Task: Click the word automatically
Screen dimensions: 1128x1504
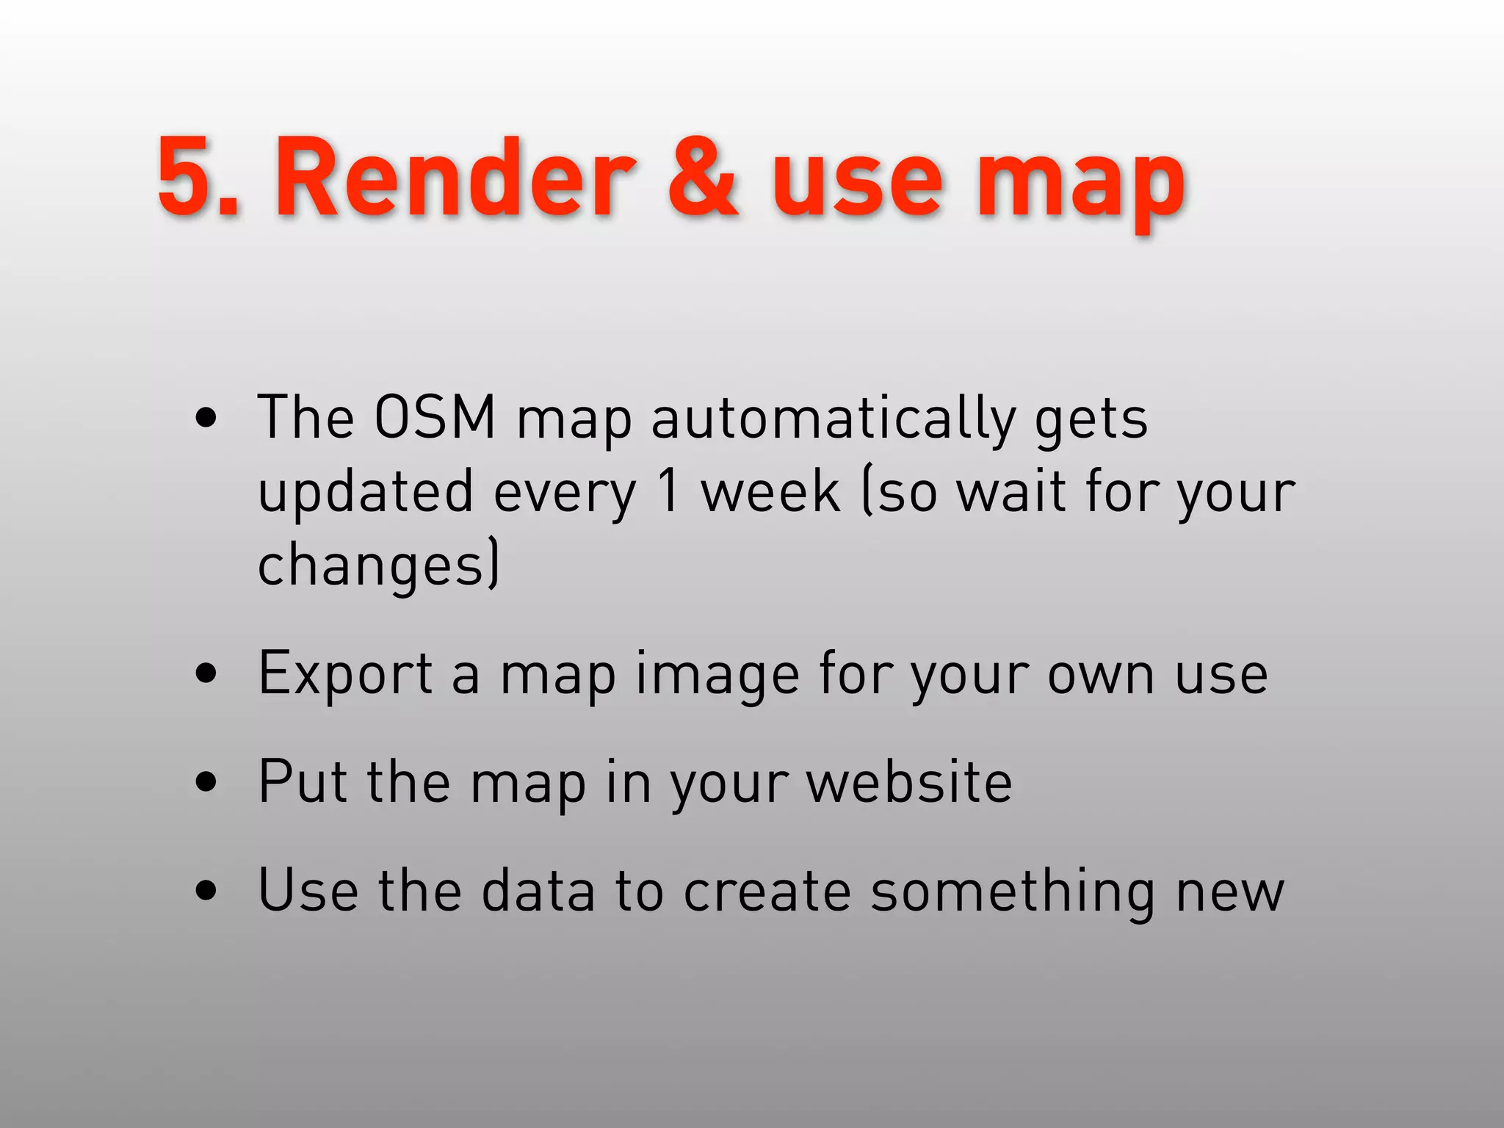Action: coord(834,419)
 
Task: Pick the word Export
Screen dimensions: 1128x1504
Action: coord(345,674)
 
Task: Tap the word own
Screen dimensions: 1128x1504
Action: coord(1100,674)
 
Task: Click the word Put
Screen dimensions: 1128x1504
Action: coord(303,781)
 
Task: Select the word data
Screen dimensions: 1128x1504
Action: coord(538,890)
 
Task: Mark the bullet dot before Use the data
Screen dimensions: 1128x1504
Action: coord(206,891)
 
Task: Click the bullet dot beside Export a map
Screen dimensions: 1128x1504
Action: coord(206,673)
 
